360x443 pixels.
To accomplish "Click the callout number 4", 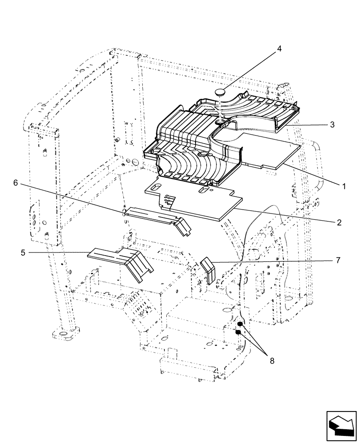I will [279, 48].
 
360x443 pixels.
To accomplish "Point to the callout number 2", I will [339, 222].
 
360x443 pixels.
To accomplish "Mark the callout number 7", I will [338, 260].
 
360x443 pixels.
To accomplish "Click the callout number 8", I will [272, 361].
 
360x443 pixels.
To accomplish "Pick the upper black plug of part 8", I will [239, 324].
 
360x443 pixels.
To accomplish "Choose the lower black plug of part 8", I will [238, 332].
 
